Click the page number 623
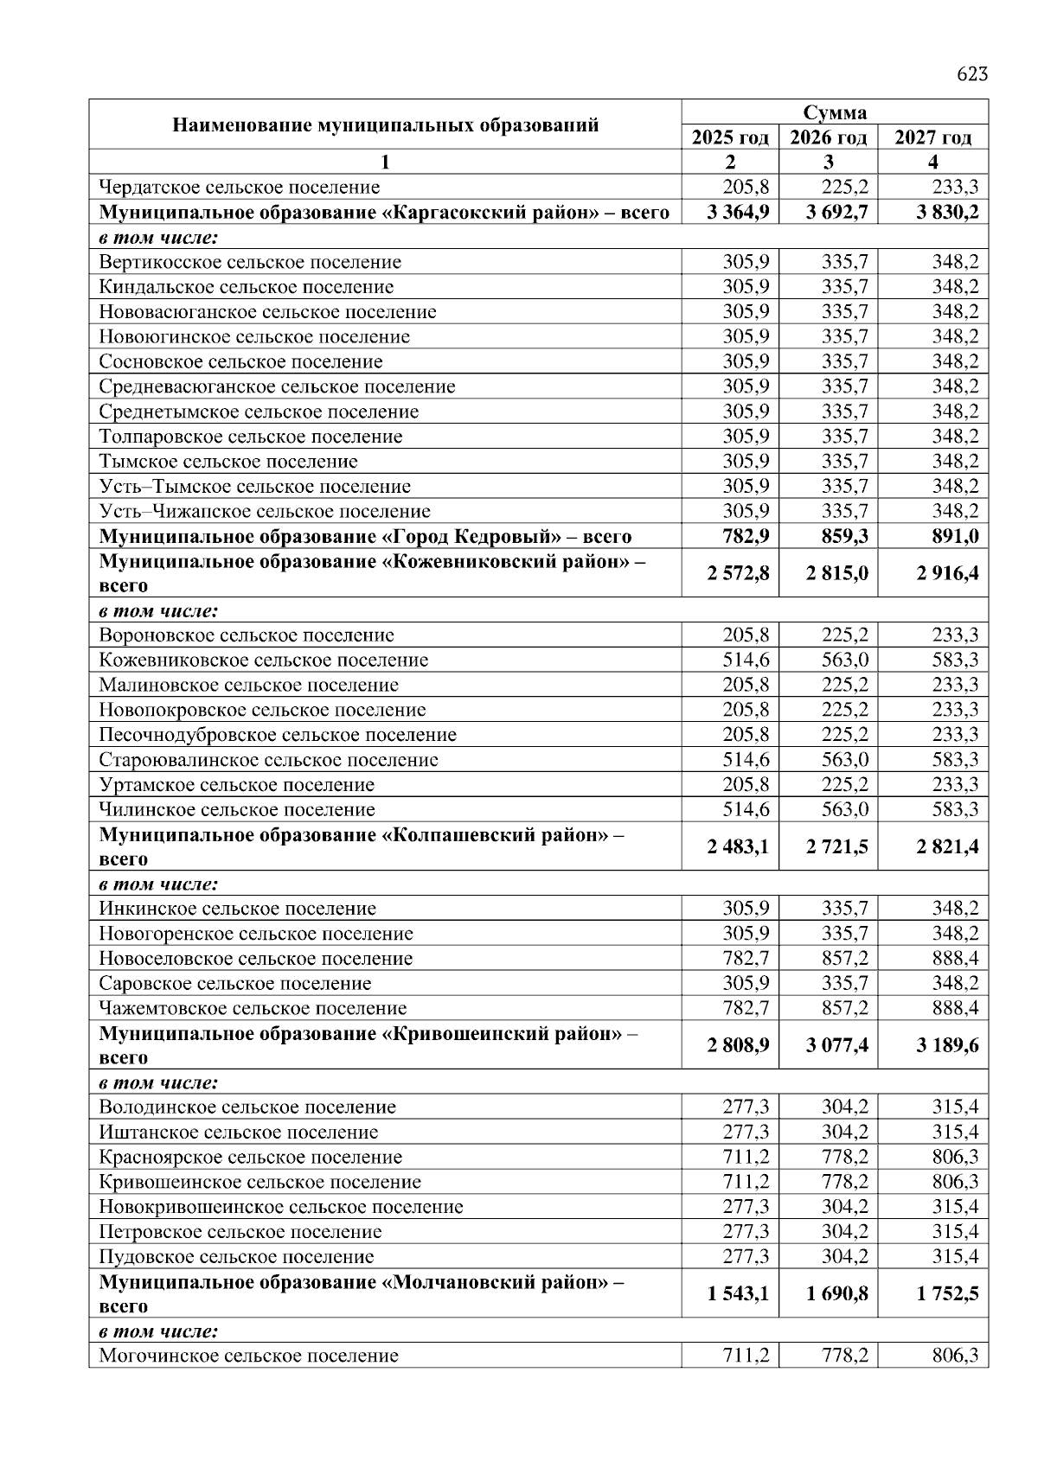971,74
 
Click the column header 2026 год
828,137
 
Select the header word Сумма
835,113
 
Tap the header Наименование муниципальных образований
385,124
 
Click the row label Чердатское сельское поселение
240,187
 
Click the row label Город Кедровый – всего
365,536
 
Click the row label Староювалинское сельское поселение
268,760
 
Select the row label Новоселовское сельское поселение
255,959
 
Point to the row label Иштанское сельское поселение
239,1133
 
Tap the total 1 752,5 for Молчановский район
947,1294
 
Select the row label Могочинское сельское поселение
249,1356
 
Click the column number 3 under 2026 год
828,162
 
